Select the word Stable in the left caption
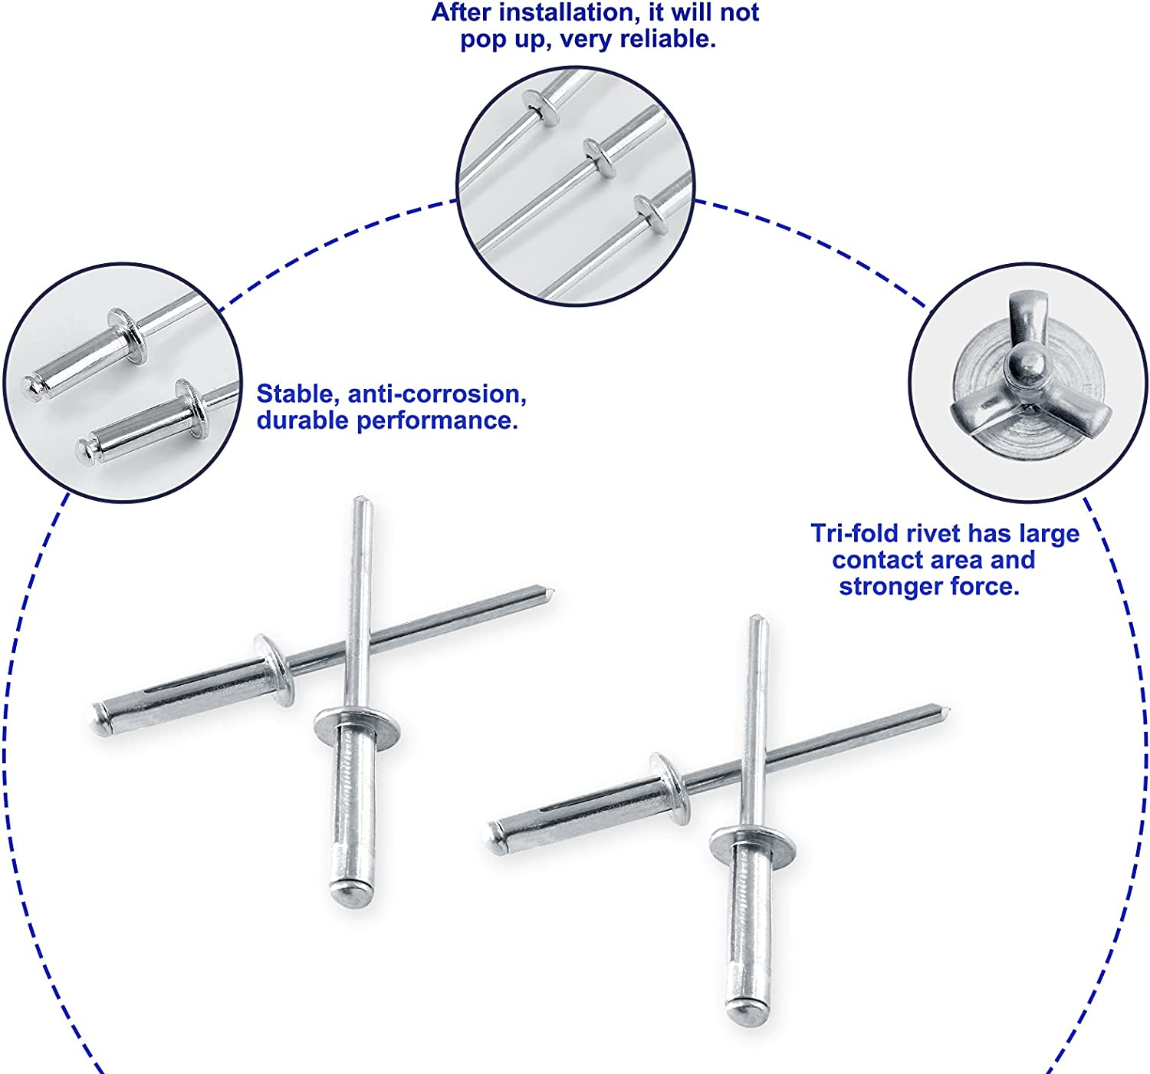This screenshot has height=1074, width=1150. click(297, 394)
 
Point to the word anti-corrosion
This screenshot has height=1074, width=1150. click(437, 394)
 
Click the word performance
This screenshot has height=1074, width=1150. click(437, 420)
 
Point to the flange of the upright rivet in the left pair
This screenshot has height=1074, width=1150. click(357, 723)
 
